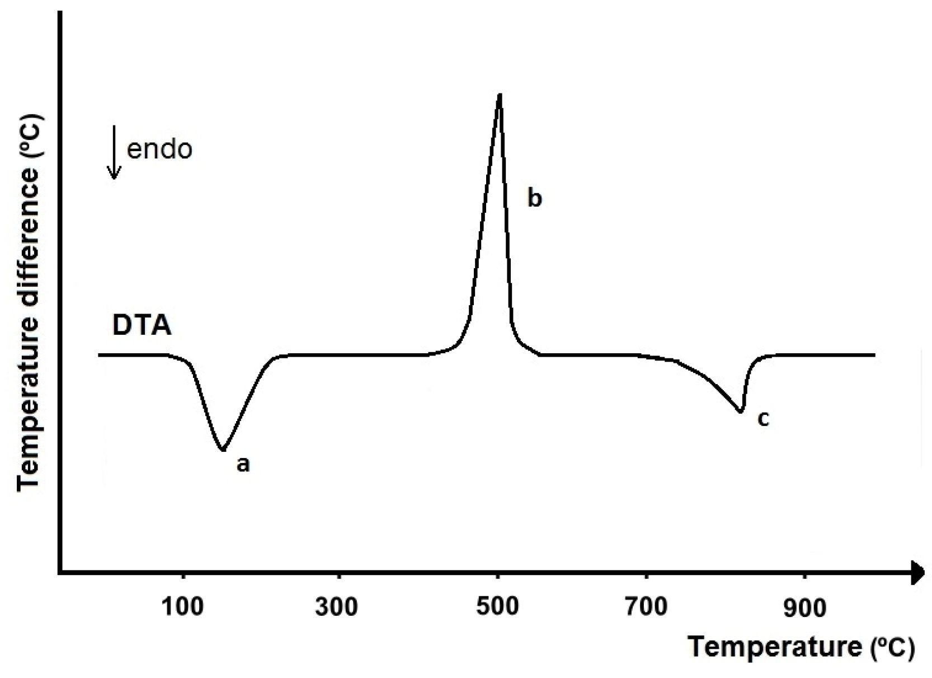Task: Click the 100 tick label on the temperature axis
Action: [x=182, y=608]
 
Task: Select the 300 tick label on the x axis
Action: [x=336, y=608]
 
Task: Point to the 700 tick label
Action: [x=646, y=608]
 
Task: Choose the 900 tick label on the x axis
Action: [x=804, y=608]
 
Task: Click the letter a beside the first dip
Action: [x=242, y=464]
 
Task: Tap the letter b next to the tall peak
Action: [x=534, y=198]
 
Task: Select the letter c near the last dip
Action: [x=763, y=418]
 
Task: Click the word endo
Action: [x=160, y=149]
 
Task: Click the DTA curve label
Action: [x=142, y=326]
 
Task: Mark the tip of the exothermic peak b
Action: [x=500, y=95]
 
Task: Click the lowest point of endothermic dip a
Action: [x=223, y=450]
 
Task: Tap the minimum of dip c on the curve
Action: [x=741, y=412]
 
